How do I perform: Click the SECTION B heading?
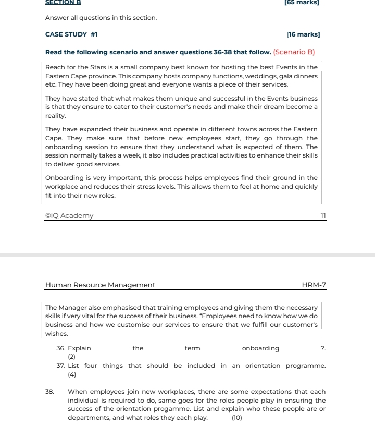pos(63,2)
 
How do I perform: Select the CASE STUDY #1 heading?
pos(71,34)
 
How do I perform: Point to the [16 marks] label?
pos(304,34)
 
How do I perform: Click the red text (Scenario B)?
pos(294,52)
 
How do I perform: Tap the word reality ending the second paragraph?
pos(56,115)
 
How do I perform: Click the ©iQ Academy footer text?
pos(69,216)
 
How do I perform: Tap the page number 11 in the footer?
pos(322,216)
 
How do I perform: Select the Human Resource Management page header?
pos(100,285)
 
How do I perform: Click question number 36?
pos(61,348)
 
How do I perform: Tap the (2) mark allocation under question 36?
pos(72,357)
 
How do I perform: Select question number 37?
pos(61,365)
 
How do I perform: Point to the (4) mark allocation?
pos(72,374)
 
